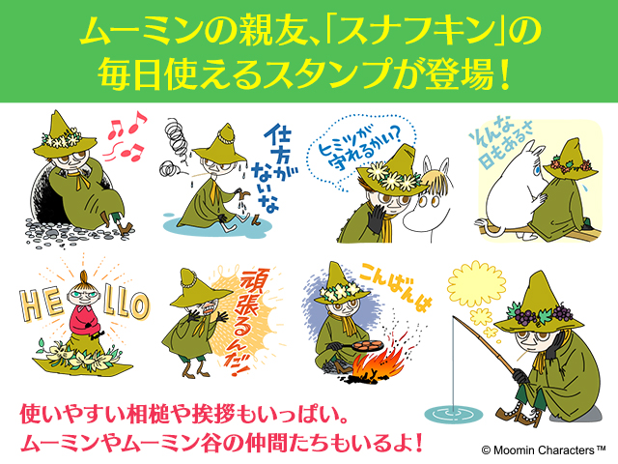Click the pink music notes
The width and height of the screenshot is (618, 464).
[125, 136]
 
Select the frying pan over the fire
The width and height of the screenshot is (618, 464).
[363, 344]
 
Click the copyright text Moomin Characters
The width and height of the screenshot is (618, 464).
[544, 449]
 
